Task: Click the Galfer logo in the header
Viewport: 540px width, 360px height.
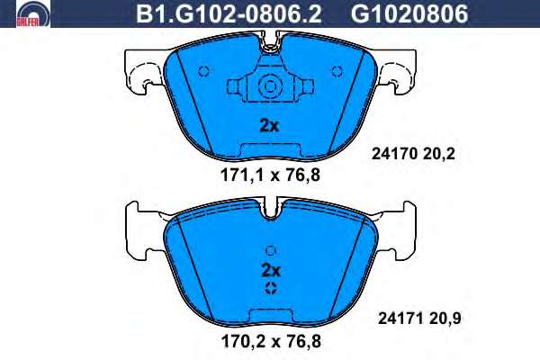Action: pyautogui.click(x=33, y=13)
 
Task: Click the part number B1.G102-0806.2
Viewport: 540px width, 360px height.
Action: pyautogui.click(x=229, y=13)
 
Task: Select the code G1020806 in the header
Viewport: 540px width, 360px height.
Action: pyautogui.click(x=409, y=13)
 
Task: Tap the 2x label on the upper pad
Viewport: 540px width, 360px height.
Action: pyautogui.click(x=269, y=126)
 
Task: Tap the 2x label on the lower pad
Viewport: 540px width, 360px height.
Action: pyautogui.click(x=272, y=271)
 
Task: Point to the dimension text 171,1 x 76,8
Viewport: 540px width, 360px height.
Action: pyautogui.click(x=270, y=175)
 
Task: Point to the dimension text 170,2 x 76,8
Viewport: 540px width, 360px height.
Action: pyautogui.click(x=271, y=341)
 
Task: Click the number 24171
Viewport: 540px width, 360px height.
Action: pyautogui.click(x=400, y=319)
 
